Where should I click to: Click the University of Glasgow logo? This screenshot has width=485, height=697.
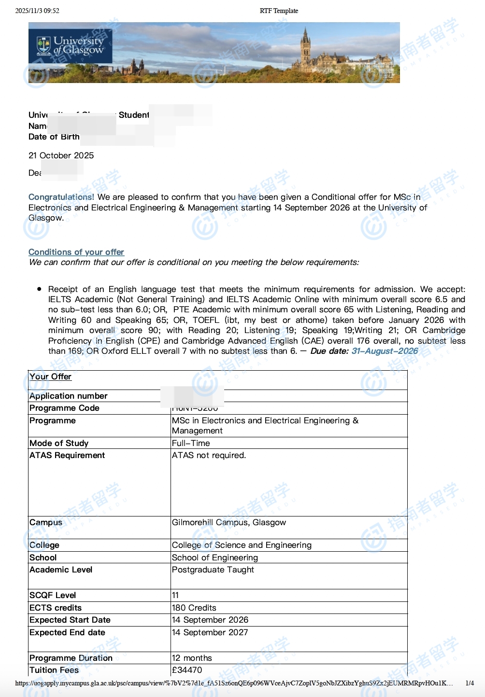70,45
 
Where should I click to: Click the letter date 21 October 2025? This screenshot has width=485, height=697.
61,155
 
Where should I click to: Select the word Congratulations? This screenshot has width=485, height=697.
61,197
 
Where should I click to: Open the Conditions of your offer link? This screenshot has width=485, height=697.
76,252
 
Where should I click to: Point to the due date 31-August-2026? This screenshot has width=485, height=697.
385,351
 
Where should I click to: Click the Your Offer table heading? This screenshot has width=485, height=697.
50,376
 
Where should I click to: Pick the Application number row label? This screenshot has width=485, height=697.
68,396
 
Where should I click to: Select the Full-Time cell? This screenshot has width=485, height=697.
191,443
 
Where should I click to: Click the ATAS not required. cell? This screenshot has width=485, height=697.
209,455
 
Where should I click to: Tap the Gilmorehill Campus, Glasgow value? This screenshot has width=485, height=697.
229,522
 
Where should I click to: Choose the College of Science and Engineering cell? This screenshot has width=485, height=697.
242,545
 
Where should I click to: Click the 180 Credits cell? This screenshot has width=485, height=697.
194,608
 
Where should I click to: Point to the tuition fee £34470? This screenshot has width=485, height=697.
187,670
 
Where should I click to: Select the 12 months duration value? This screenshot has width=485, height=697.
192,658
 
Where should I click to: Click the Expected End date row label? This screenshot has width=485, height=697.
67,632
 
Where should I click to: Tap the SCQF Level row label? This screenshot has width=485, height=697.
53,595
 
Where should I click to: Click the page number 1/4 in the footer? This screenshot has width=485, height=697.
470,683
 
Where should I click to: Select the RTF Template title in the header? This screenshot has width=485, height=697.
279,11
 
